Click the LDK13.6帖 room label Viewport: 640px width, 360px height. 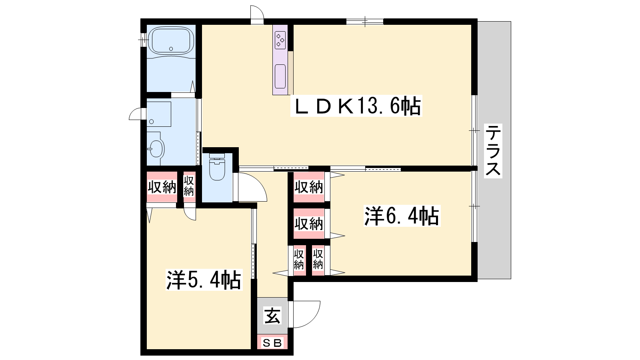tap(356, 106)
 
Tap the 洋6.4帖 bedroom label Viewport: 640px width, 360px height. tap(402, 216)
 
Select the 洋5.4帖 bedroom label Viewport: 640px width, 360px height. tap(204, 280)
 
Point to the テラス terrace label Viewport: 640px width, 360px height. tap(493, 151)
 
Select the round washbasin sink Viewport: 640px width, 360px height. tap(156, 148)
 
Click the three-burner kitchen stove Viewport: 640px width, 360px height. tap(280, 40)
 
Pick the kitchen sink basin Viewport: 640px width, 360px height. tap(280, 76)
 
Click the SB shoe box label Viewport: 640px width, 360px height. tap(272, 342)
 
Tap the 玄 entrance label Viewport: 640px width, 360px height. tap(272, 316)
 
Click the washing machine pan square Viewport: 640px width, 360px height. tap(159, 114)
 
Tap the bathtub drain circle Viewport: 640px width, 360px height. tap(171, 49)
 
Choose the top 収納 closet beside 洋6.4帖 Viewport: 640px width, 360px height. tap(309, 187)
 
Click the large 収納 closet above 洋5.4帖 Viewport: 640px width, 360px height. tap(162, 187)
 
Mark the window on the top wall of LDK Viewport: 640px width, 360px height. tap(365, 22)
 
